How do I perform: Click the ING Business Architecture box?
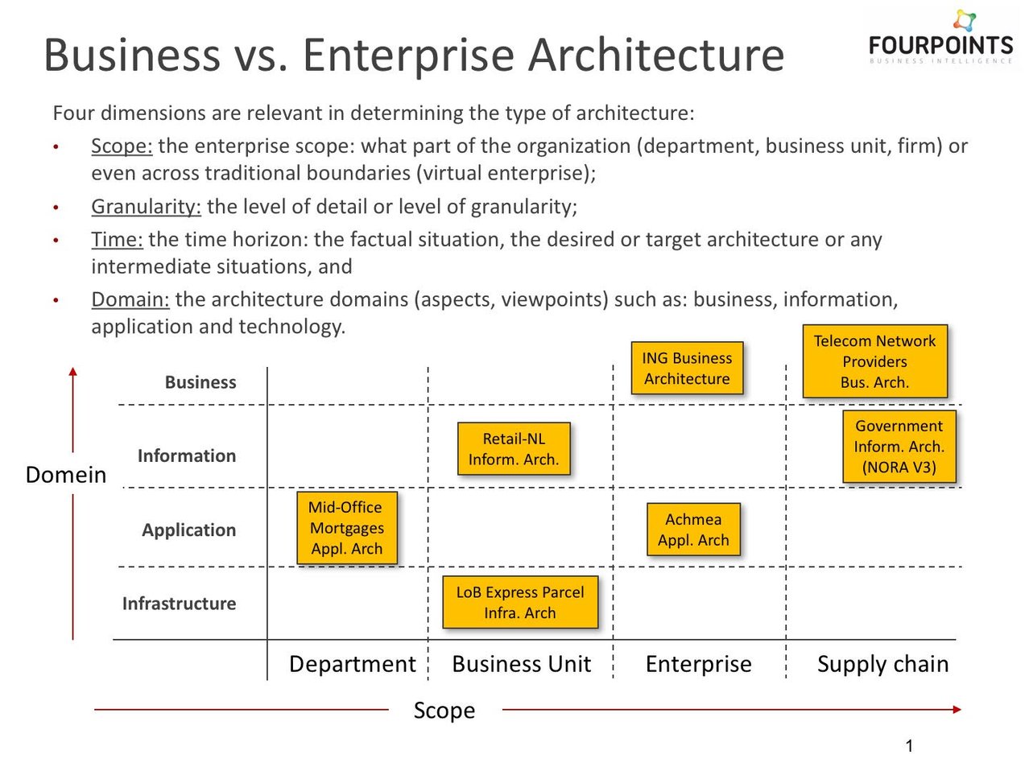click(687, 369)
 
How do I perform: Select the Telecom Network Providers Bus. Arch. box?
click(874, 361)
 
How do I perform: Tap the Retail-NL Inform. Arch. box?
click(514, 449)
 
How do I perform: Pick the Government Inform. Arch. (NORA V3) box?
click(899, 447)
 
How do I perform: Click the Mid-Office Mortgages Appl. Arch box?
click(347, 528)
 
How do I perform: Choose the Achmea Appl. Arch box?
click(693, 530)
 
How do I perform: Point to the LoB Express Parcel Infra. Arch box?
click(520, 602)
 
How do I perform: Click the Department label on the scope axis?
click(352, 664)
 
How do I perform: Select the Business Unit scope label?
click(521, 664)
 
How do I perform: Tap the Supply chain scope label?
click(882, 664)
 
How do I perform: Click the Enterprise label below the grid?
click(698, 664)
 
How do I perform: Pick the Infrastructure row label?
click(179, 604)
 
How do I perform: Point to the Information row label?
click(187, 456)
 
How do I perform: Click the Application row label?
click(189, 530)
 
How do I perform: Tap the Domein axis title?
click(66, 475)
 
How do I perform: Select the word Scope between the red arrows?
click(444, 711)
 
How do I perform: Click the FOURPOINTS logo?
click(940, 40)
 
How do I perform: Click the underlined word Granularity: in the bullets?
click(146, 207)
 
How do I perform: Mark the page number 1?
click(909, 746)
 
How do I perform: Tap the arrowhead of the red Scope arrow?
click(957, 710)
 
